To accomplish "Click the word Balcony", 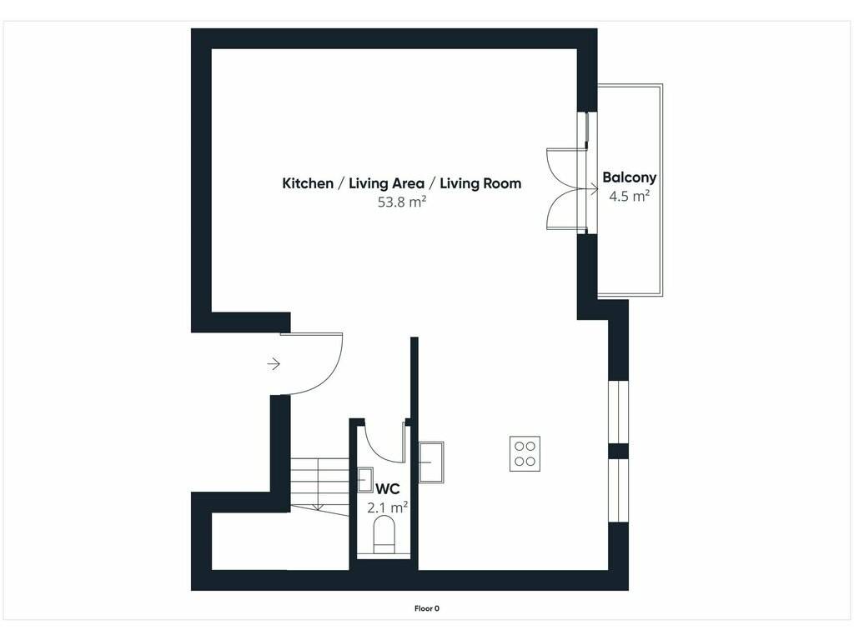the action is click(629, 178).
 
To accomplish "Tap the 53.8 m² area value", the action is click(402, 202).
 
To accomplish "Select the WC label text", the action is click(387, 488).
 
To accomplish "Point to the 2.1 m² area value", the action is click(387, 507).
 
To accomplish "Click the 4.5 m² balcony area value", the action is click(629, 196).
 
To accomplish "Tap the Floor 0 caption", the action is click(427, 609).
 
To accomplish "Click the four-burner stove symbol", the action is click(525, 453).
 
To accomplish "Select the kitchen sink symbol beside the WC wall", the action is click(431, 462).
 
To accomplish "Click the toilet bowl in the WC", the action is click(384, 531).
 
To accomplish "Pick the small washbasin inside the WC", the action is click(365, 480).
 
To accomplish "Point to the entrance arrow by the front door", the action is click(274, 363).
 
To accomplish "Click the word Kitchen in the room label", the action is click(308, 183).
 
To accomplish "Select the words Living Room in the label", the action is click(480, 183).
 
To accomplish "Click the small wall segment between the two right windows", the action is click(618, 451).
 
